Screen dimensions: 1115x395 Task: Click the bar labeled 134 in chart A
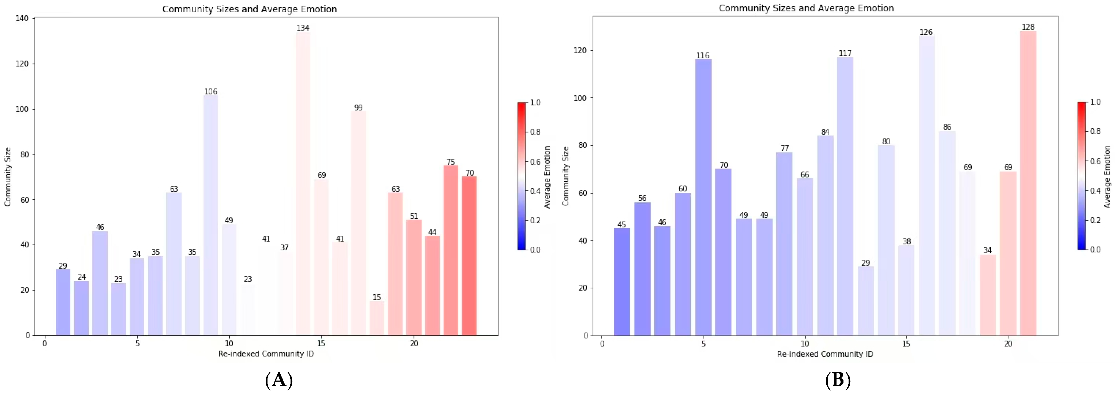click(303, 184)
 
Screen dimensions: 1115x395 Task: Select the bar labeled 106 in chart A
click(211, 215)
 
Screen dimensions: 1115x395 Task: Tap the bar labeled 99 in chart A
click(358, 224)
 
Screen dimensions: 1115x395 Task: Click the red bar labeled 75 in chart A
click(451, 250)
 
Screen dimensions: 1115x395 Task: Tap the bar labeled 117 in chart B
click(845, 196)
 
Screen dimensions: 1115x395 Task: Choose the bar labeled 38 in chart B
click(906, 291)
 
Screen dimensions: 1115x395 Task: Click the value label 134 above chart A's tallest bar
click(303, 28)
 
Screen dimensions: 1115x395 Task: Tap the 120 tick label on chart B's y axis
click(580, 50)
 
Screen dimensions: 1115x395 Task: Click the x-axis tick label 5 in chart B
click(703, 344)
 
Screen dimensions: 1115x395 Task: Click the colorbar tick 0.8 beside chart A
click(536, 132)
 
